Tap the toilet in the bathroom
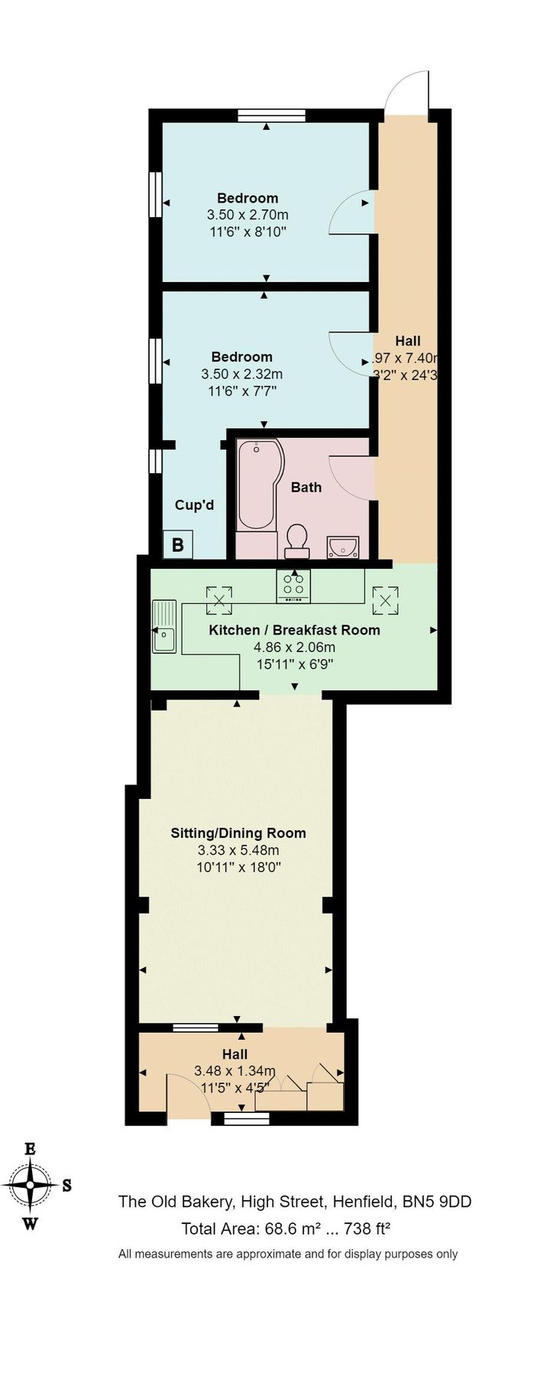tap(296, 540)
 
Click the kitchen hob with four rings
tap(293, 586)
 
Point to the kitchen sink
tap(164, 627)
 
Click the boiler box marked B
tap(178, 545)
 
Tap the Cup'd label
tap(194, 505)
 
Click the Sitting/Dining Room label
tap(238, 832)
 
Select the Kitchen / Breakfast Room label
tap(294, 630)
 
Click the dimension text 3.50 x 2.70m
tap(248, 215)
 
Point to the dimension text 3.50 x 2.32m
tap(241, 374)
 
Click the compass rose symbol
tap(30, 1184)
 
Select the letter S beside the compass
tap(66, 1186)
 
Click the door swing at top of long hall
tap(406, 93)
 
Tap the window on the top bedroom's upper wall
tap(271, 115)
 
